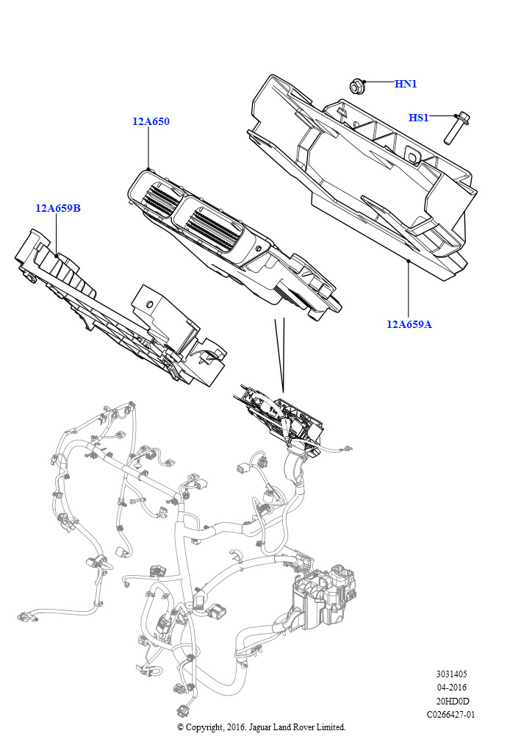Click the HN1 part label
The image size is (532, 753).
coord(406,84)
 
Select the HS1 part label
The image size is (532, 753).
coord(418,117)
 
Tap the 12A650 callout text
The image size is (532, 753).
coord(151,121)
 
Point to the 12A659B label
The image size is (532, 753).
coord(58,208)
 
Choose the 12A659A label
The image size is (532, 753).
coord(409,324)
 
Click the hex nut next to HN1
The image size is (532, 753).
coord(356,87)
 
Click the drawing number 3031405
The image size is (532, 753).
coord(451,674)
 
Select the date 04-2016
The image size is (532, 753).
coord(451,688)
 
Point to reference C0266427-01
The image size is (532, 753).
coord(451,715)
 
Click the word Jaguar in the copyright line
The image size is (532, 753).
coord(262,727)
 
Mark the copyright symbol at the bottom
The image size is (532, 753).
coord(180,727)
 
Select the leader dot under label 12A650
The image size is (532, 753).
coord(148,169)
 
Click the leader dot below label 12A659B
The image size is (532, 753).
coord(57,255)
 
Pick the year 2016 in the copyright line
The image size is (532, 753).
coord(235,727)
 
